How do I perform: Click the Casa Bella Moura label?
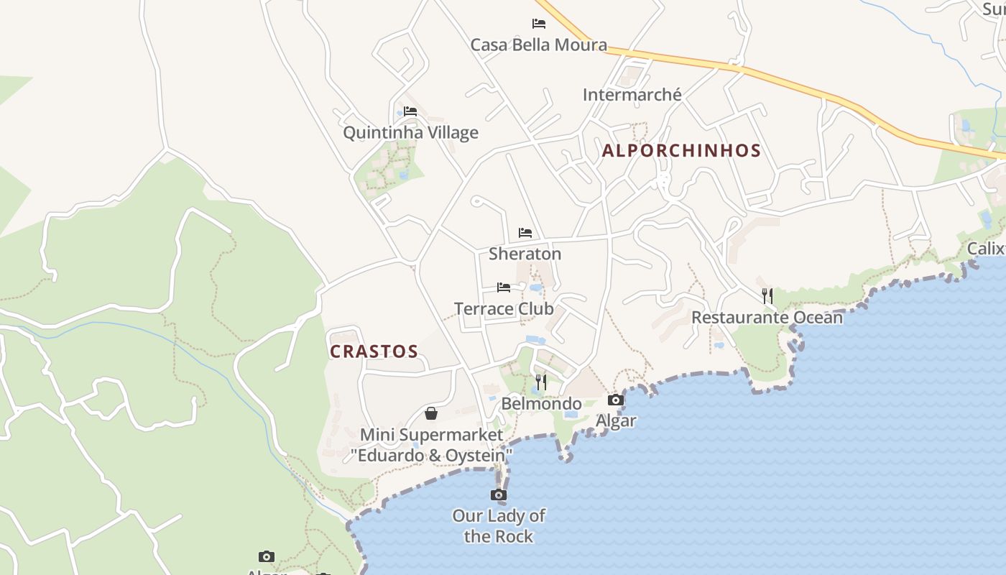tap(538, 45)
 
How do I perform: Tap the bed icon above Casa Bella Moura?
tap(539, 24)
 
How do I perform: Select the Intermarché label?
tap(632, 95)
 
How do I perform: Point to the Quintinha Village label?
tap(410, 133)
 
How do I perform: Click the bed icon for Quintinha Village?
tap(410, 111)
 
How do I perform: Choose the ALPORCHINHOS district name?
tap(681, 150)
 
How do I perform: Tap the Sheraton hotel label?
tap(525, 254)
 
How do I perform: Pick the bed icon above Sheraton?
tap(525, 233)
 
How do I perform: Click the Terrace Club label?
tap(504, 309)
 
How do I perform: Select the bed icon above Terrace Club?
tap(504, 287)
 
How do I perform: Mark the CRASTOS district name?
tap(374, 351)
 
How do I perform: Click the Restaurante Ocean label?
tap(767, 318)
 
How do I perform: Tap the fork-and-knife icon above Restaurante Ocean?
tap(767, 295)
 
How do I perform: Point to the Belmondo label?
tap(541, 404)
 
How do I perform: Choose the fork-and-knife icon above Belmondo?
tap(541, 382)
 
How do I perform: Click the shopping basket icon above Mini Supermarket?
tap(431, 413)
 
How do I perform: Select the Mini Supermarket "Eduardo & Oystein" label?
tap(431, 445)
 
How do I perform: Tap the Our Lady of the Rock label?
tap(499, 526)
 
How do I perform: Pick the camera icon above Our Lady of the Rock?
tap(499, 494)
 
